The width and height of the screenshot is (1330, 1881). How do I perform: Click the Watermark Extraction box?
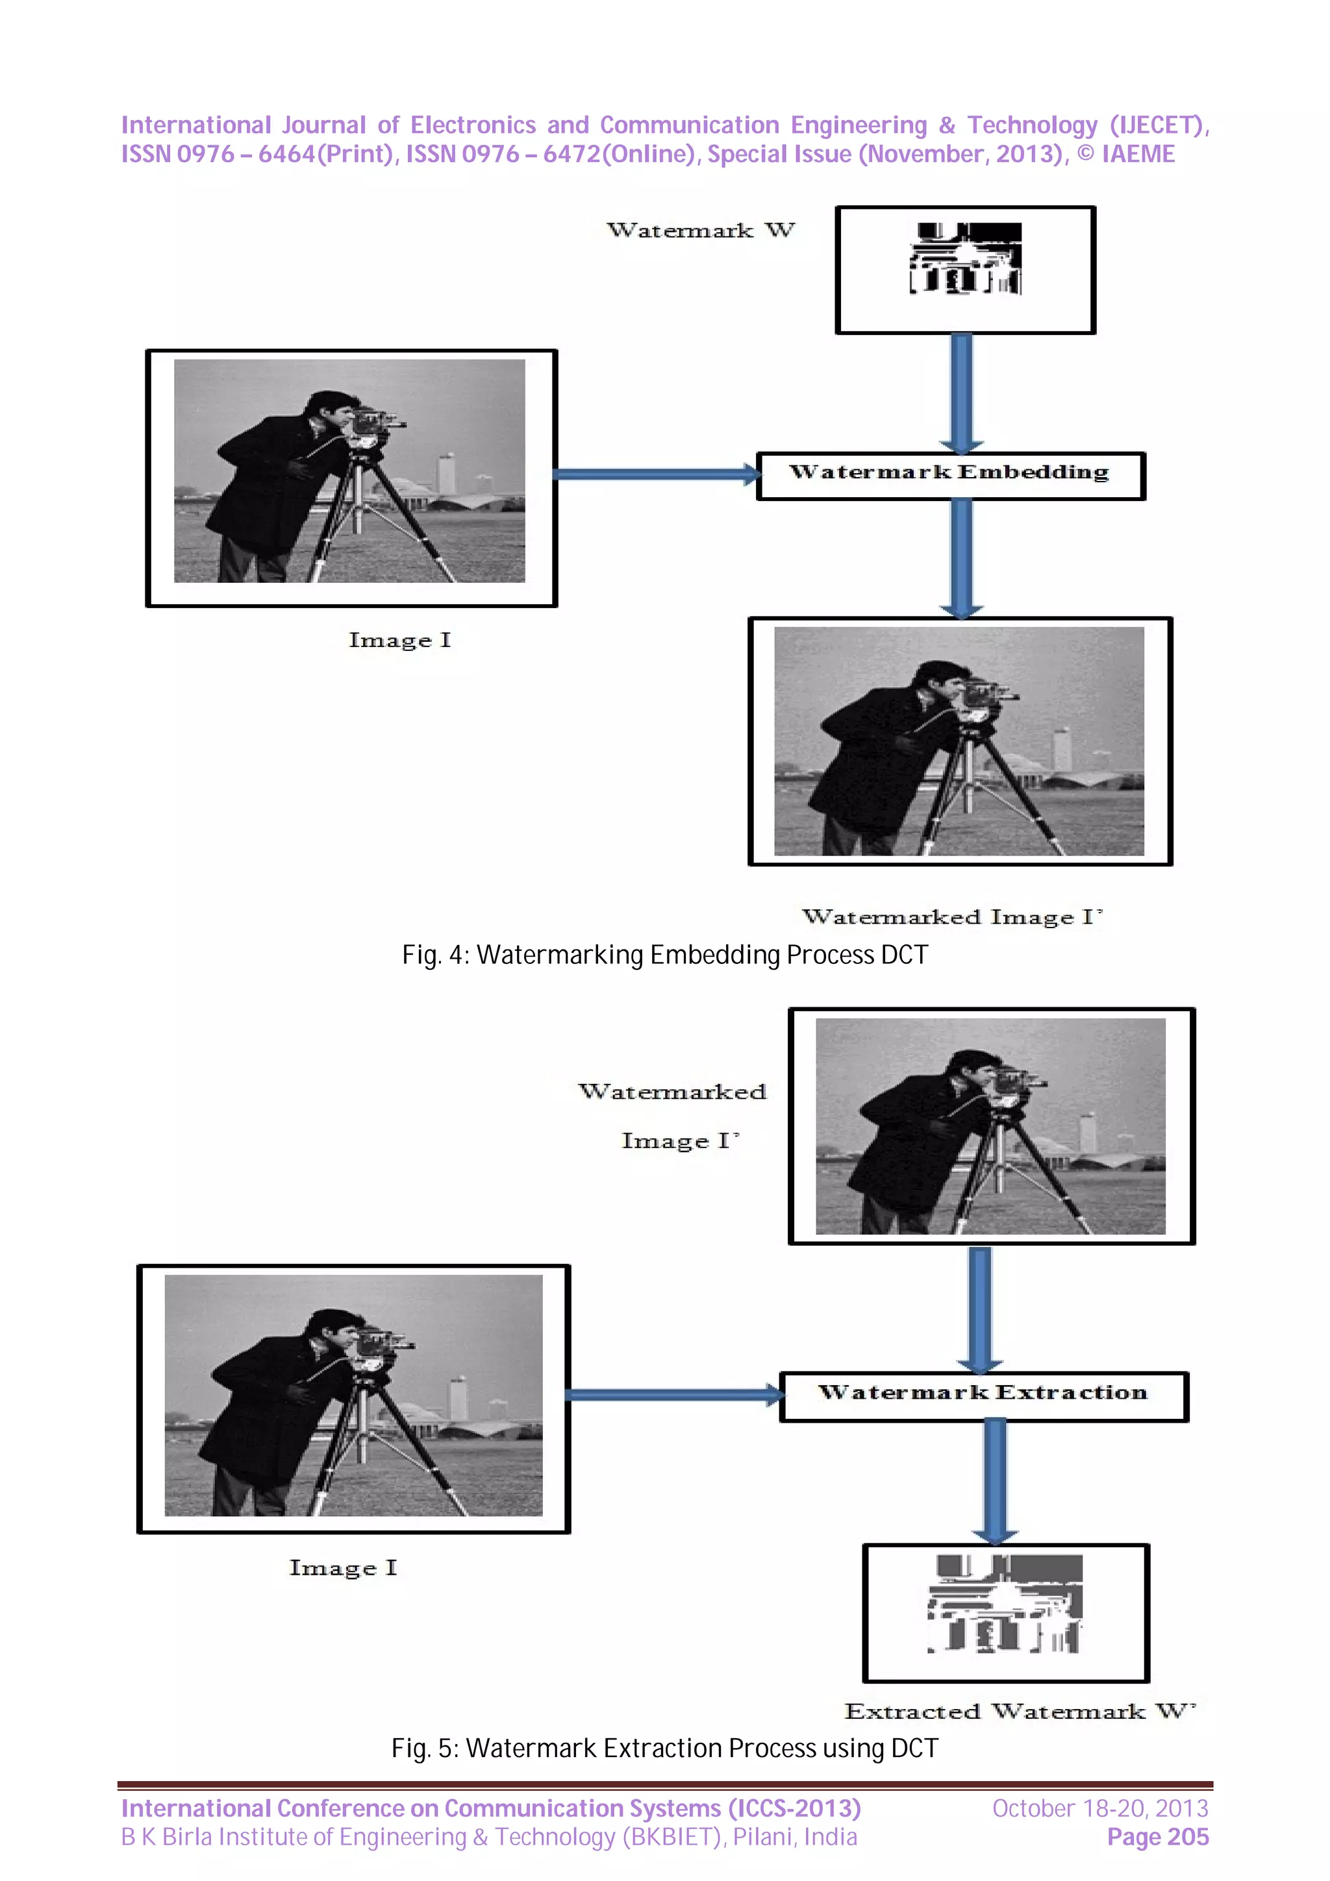983,1396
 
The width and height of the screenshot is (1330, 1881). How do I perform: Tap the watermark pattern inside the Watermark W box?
965,259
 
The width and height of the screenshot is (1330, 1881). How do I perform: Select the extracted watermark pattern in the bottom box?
1005,1603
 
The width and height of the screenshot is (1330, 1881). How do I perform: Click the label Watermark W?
700,231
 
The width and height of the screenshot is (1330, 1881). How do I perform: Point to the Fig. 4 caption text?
664,955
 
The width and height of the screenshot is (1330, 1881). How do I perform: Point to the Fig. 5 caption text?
664,1749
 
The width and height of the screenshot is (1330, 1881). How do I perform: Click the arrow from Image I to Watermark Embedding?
655,474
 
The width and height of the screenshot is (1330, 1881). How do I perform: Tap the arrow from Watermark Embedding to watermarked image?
961,557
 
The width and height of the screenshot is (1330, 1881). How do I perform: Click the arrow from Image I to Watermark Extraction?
672,1394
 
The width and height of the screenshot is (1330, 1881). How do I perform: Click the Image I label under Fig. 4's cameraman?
399,640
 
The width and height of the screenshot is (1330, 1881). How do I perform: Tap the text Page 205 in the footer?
1157,1838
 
